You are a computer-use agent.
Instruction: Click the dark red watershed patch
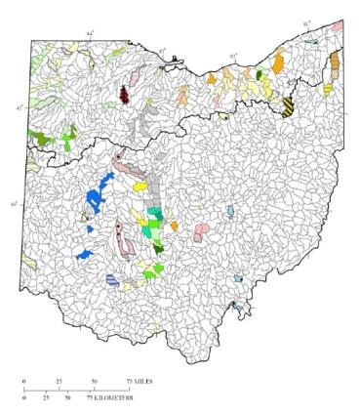[x=124, y=94]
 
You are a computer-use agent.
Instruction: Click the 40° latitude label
[x=13, y=204]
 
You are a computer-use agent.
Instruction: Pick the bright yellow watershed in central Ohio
[x=140, y=183]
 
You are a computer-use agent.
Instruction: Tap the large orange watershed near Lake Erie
[x=278, y=63]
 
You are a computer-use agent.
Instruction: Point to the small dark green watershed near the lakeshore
[x=259, y=73]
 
